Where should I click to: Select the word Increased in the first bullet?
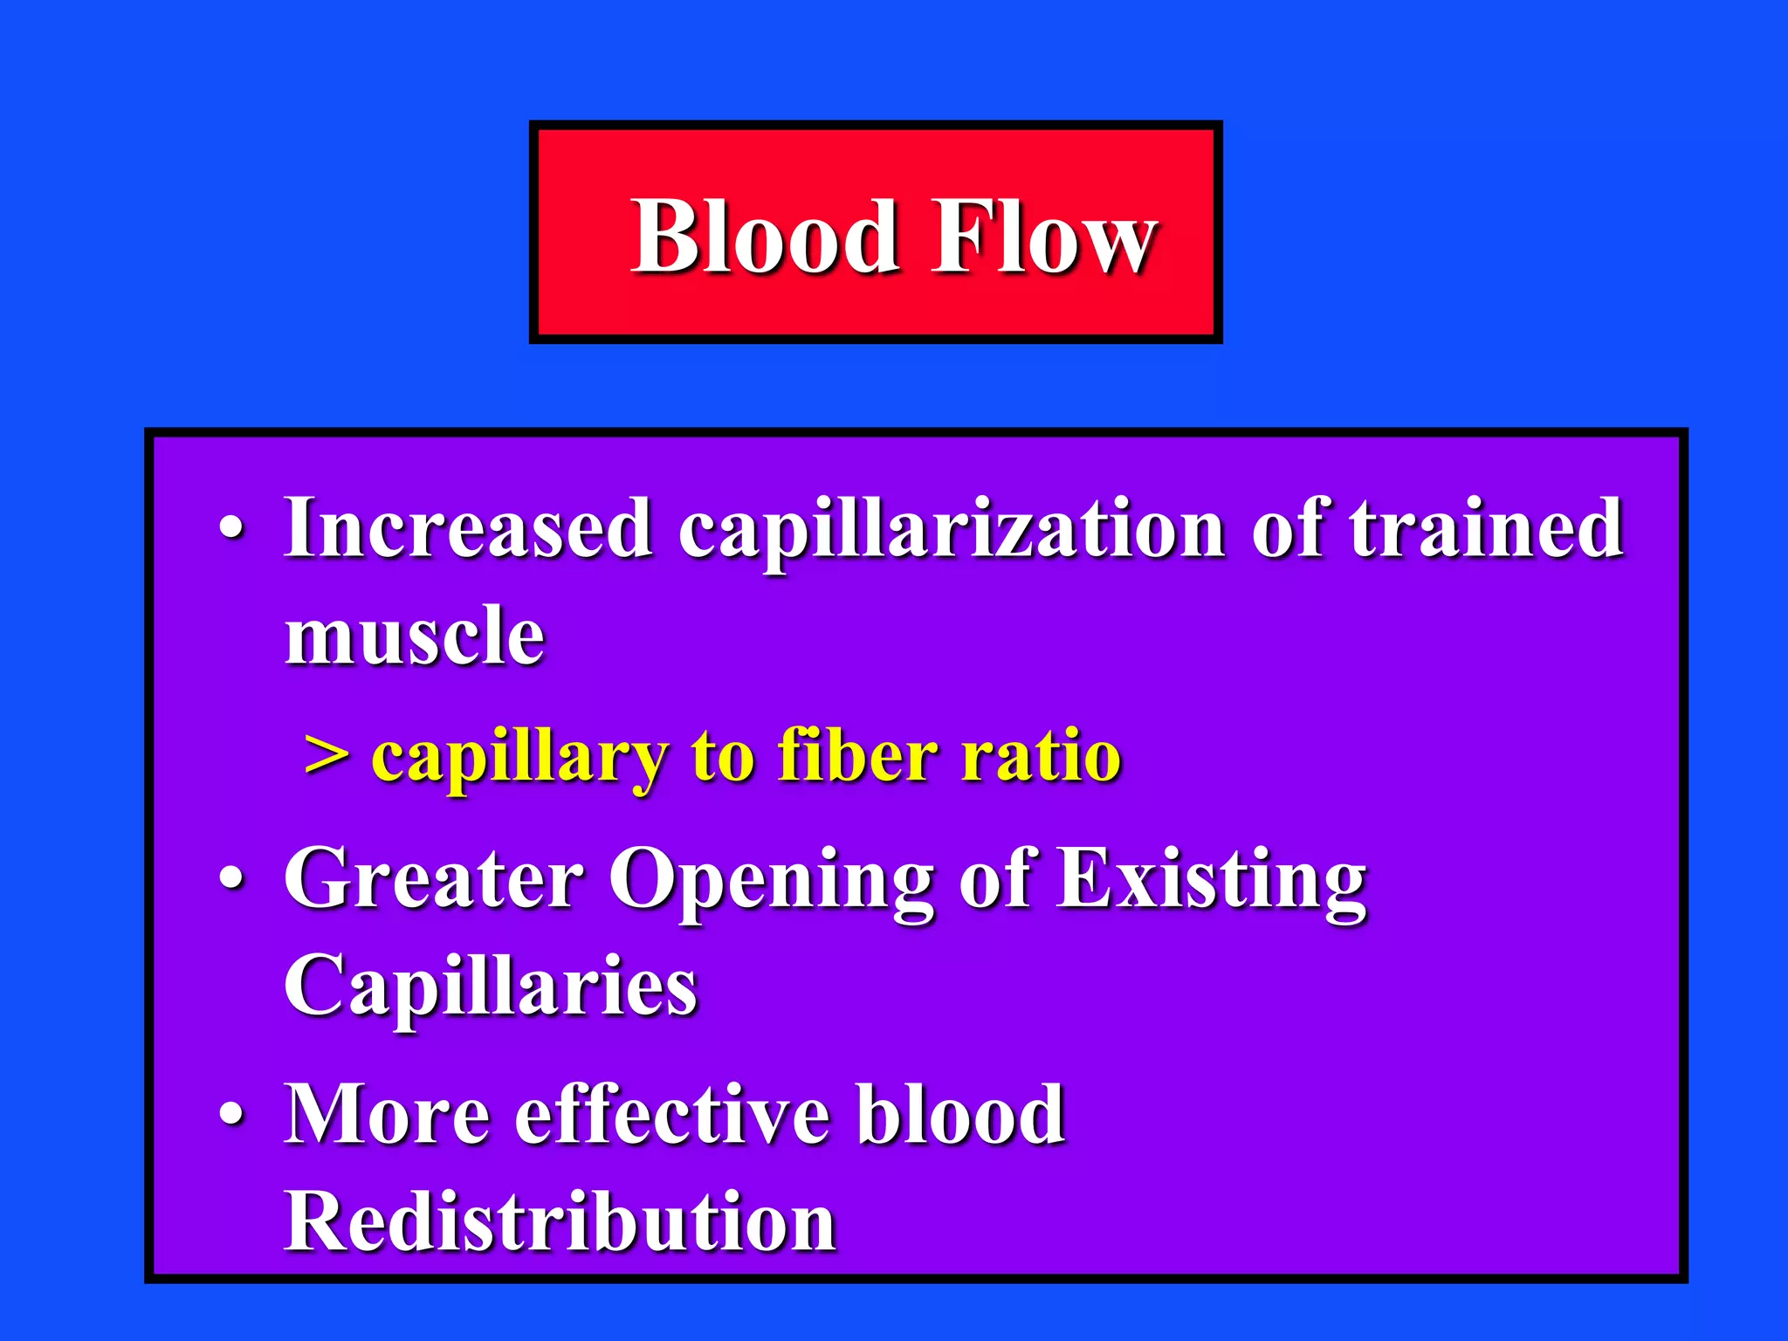click(x=468, y=528)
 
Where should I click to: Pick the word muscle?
click(x=415, y=636)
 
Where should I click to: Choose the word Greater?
click(x=433, y=879)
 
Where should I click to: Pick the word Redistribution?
click(x=560, y=1221)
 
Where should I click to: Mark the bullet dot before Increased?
click(x=231, y=529)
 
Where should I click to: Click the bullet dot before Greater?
click(x=231, y=879)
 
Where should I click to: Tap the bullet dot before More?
click(x=231, y=1115)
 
